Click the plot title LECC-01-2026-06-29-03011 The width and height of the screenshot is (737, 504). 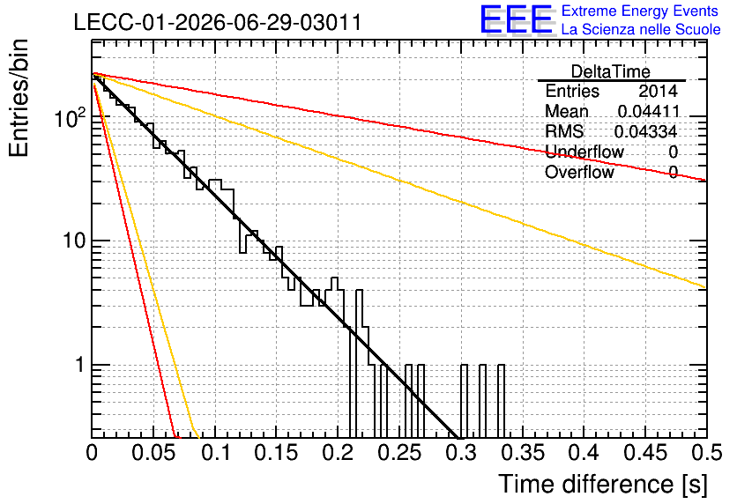[218, 22]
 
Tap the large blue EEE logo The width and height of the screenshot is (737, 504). [517, 19]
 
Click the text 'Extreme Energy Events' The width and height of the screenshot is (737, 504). [640, 11]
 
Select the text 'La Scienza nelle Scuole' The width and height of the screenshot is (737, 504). [641, 29]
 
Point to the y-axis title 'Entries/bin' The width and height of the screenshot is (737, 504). [19, 98]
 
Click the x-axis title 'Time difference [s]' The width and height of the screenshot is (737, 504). [603, 484]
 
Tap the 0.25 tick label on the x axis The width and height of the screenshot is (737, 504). [399, 453]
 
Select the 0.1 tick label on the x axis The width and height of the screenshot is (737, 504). [216, 453]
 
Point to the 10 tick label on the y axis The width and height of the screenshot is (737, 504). [75, 241]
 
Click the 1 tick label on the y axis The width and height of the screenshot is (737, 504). [80, 365]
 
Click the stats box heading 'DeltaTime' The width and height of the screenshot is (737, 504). [611, 71]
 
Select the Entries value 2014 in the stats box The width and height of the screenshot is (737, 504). [658, 91]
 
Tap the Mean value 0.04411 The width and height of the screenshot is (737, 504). [649, 111]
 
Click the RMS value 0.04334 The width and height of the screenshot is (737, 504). [646, 131]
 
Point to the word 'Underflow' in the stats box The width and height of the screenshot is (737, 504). [584, 152]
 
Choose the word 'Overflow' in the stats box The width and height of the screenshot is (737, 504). [579, 172]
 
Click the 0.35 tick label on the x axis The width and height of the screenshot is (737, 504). [523, 453]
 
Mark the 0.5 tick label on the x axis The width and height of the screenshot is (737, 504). [706, 453]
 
